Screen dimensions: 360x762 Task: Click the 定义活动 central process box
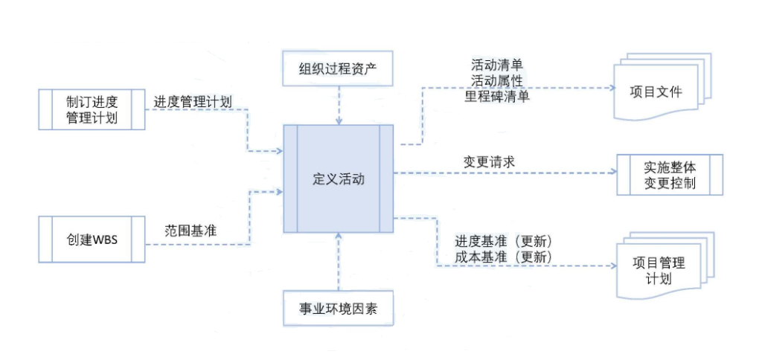tap(339, 179)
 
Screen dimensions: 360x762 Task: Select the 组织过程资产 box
tap(339, 69)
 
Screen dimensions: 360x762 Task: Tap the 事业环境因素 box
tap(339, 308)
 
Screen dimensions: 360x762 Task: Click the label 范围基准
tap(190, 231)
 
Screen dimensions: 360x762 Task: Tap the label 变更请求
tap(489, 161)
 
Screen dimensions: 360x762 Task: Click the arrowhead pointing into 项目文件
tap(615, 87)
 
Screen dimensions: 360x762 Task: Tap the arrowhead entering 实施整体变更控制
tap(615, 173)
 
